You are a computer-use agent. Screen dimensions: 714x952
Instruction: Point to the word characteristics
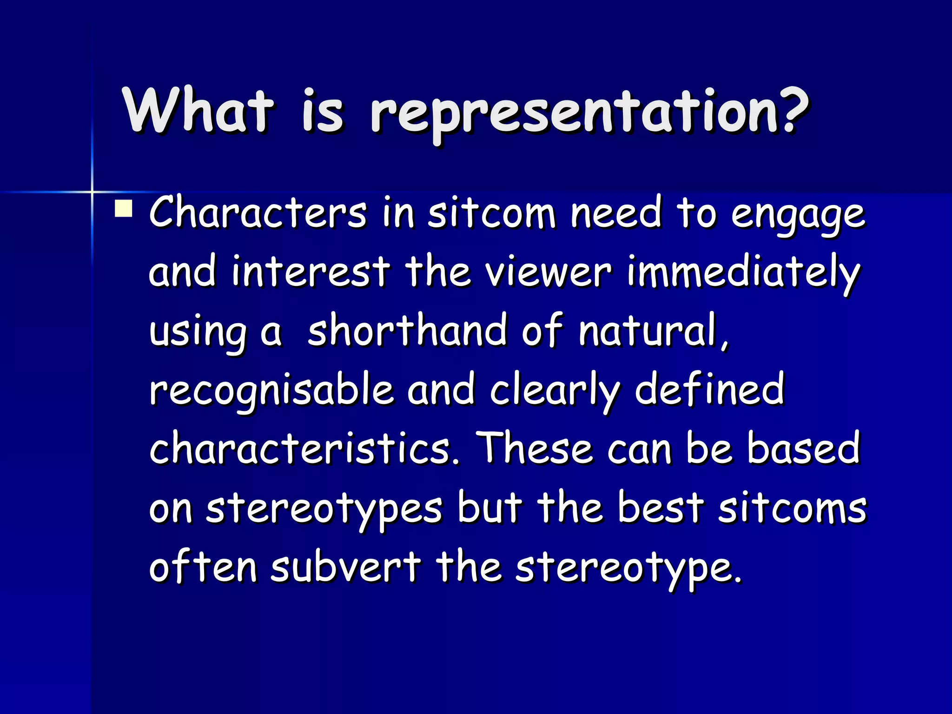tap(304, 448)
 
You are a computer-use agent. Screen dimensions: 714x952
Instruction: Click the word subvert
tap(345, 567)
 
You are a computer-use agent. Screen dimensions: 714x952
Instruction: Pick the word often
tap(203, 567)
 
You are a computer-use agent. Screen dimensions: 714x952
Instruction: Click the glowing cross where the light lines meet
tap(92, 191)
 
